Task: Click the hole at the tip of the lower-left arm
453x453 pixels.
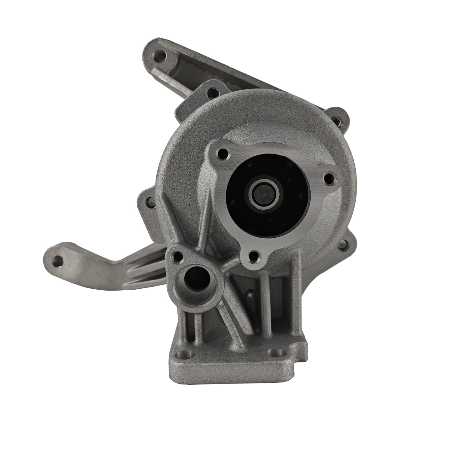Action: [57, 260]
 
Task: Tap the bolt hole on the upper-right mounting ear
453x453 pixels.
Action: [336, 119]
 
